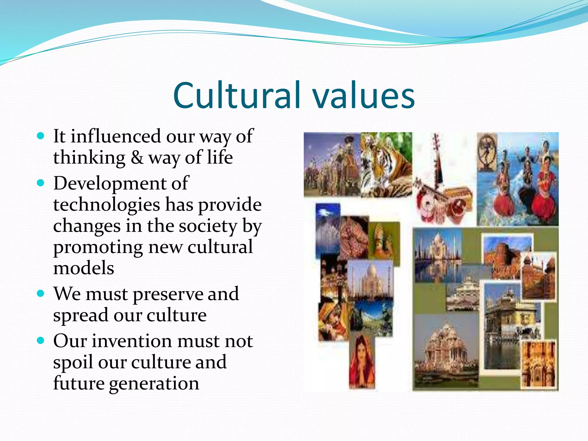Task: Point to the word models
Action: click(x=84, y=268)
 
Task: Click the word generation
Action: click(x=154, y=383)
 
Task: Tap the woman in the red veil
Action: click(x=361, y=362)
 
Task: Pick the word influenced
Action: click(x=116, y=136)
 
